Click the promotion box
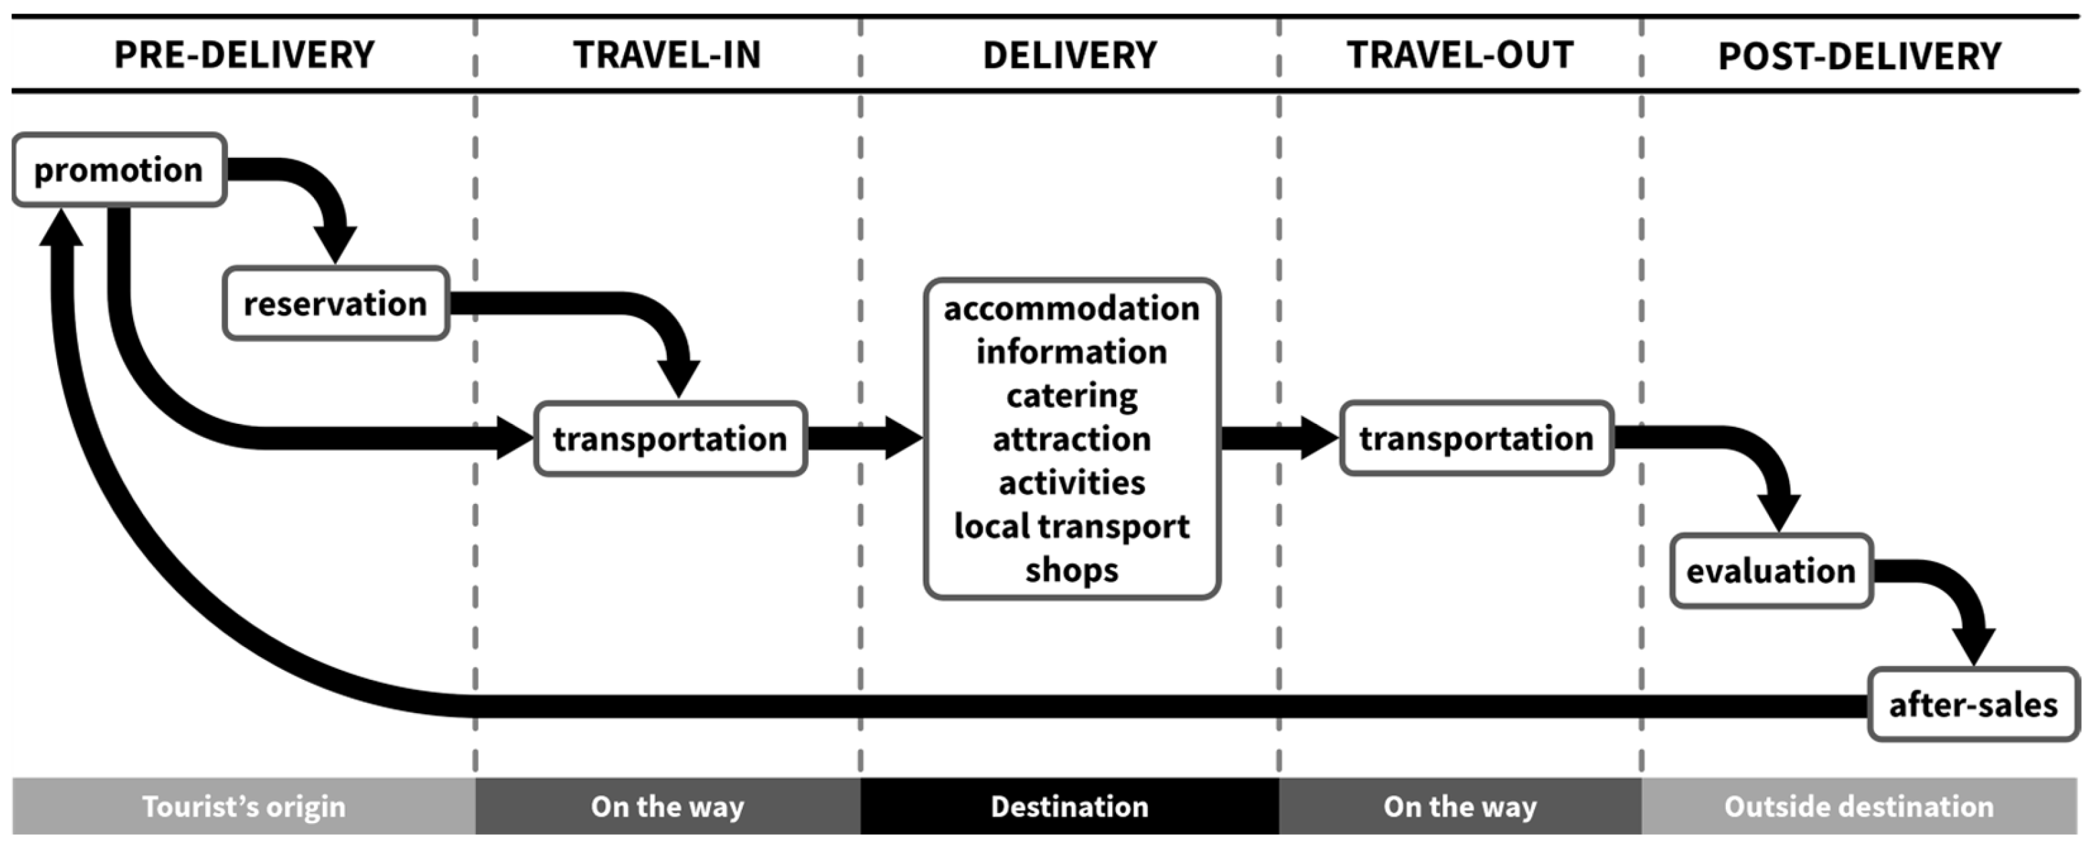click(118, 170)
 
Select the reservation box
click(335, 304)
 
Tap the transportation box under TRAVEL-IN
click(670, 439)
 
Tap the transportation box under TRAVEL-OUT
click(1476, 439)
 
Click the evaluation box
click(1771, 571)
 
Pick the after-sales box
click(1973, 704)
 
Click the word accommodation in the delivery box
click(1071, 308)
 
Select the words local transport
click(1071, 526)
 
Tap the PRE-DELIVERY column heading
click(245, 55)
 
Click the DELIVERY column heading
click(1069, 55)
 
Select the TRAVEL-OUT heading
click(1459, 55)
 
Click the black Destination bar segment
click(1069, 806)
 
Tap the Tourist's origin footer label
click(244, 806)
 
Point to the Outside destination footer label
click(1859, 806)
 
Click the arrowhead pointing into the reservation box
click(335, 245)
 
